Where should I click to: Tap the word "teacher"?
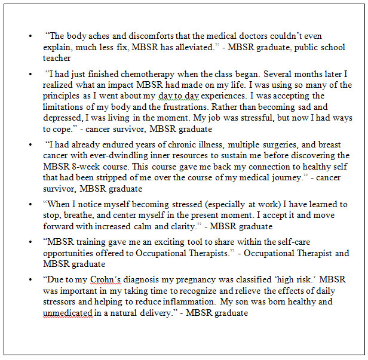tap(57, 59)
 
